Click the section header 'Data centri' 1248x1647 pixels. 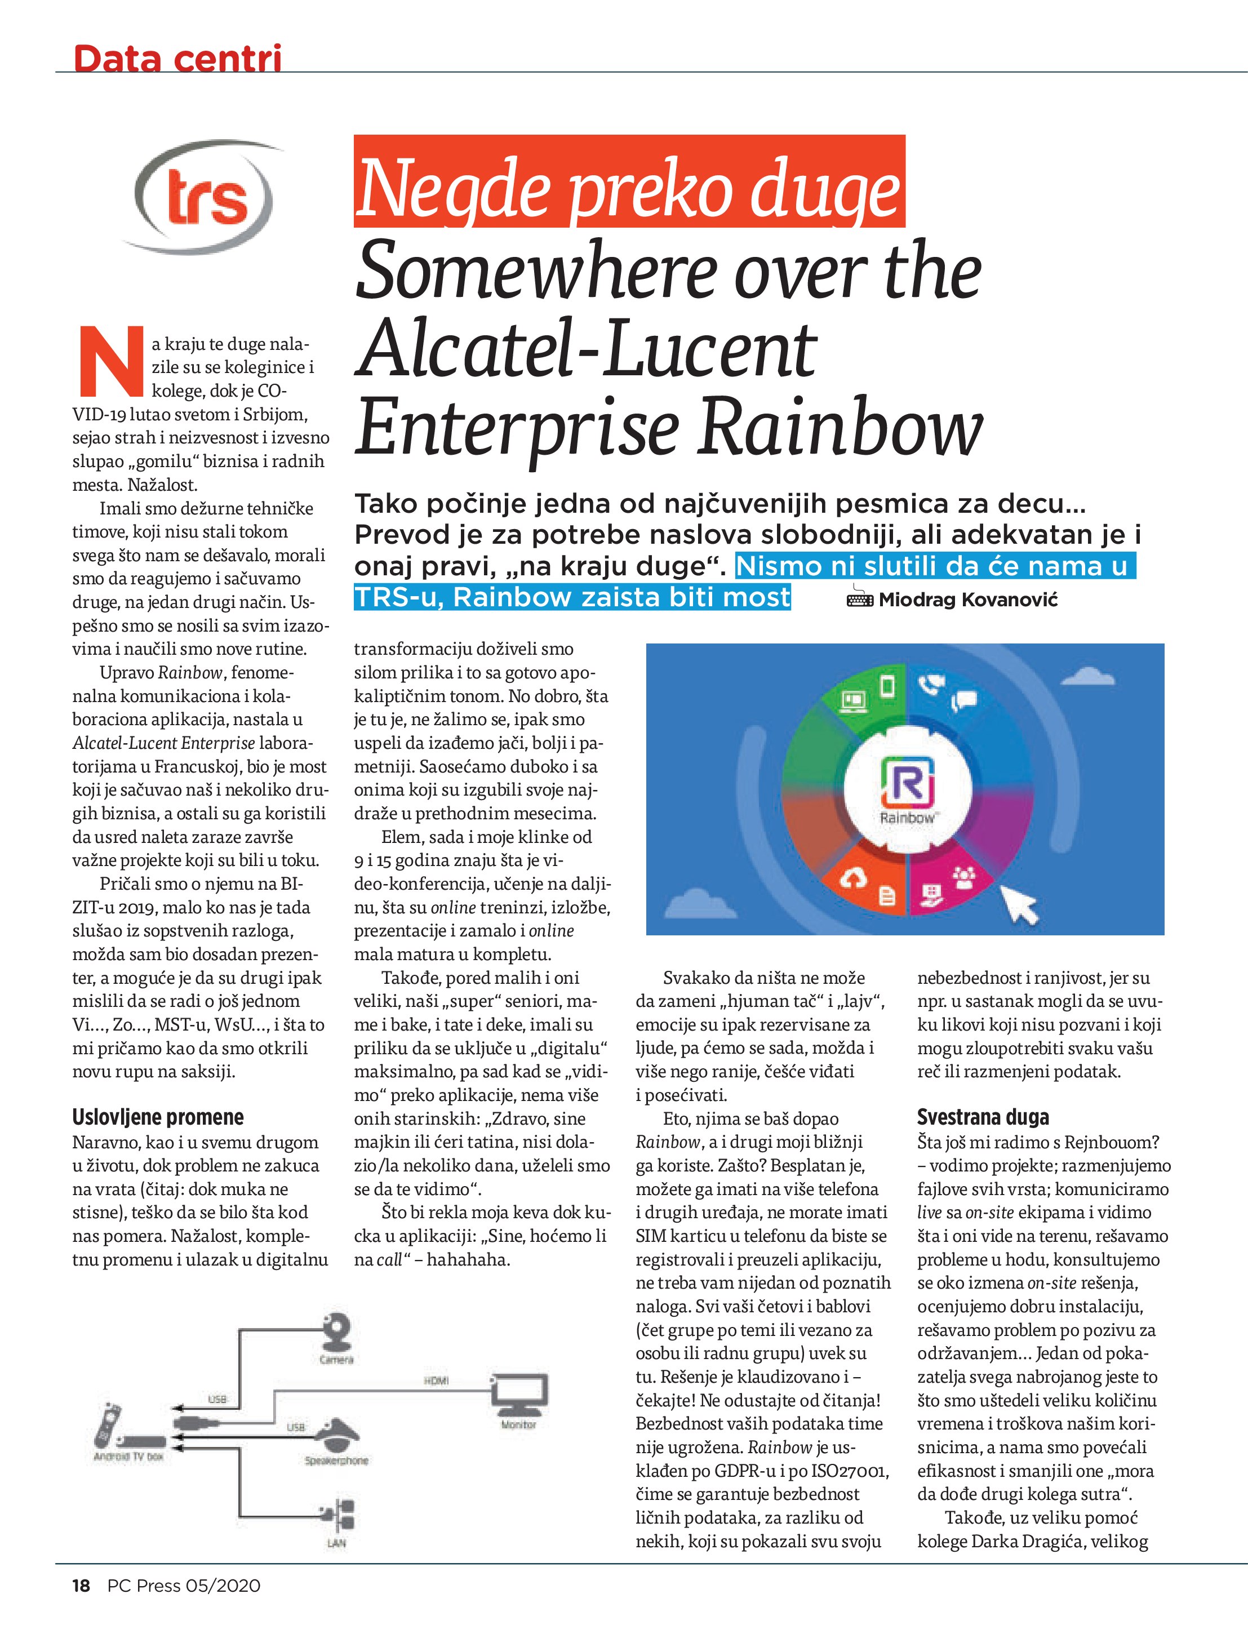[x=177, y=58]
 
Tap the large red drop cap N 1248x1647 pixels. [x=110, y=361]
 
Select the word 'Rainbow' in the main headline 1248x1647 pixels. [x=841, y=427]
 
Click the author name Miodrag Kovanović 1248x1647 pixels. [x=968, y=600]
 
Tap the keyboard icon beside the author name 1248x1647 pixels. [x=860, y=600]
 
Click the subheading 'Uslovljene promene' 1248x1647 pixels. [x=158, y=1117]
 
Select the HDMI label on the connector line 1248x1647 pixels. [x=436, y=1381]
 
